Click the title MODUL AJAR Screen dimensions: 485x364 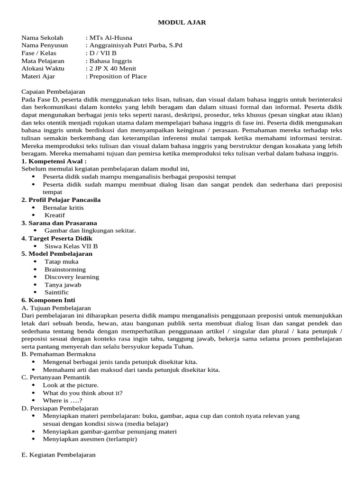(182, 22)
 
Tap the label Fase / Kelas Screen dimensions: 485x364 (39, 53)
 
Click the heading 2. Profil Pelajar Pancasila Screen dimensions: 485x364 (61, 200)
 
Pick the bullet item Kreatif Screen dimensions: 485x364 (55, 215)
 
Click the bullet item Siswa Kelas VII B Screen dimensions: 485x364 (71, 246)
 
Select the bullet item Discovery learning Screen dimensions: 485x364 (72, 277)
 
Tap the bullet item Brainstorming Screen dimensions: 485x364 (65, 269)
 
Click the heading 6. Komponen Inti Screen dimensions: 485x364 (48, 300)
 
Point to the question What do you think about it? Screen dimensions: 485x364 (82, 393)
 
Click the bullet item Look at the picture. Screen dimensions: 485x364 (71, 385)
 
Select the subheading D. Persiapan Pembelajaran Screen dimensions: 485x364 (60, 408)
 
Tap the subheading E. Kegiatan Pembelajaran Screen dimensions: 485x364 (58, 455)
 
